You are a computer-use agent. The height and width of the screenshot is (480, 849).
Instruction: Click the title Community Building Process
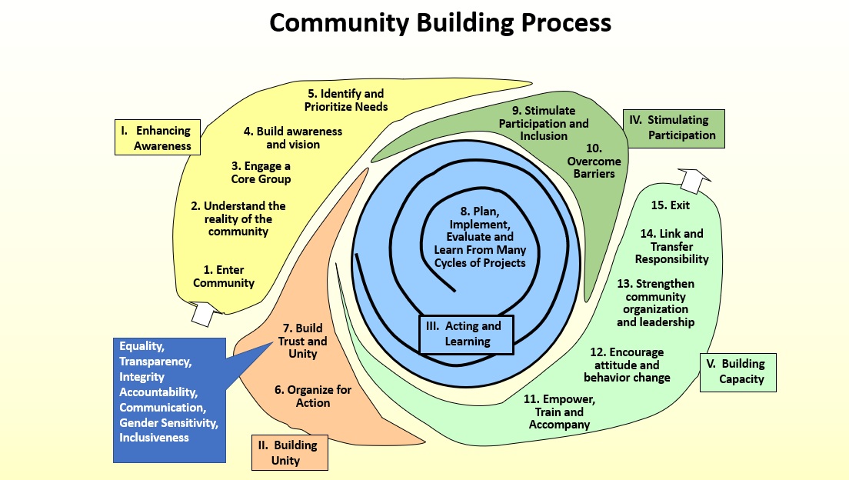(440, 23)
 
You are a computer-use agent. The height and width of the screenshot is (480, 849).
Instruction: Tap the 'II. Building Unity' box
(290, 452)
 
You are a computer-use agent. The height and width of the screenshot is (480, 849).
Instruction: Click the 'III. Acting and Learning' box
(466, 334)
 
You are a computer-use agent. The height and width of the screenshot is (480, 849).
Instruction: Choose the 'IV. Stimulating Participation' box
(674, 128)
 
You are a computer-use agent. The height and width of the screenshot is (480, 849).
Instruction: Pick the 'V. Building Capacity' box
(738, 372)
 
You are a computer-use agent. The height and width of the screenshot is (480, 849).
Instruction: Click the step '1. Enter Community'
(224, 276)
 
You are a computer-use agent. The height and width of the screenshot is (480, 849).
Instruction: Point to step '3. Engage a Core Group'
(261, 172)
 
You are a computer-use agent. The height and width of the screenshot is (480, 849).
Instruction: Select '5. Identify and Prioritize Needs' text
(346, 100)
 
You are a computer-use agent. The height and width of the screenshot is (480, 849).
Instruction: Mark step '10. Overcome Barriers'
(594, 160)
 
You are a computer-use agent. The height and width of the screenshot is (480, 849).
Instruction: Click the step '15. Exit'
(670, 205)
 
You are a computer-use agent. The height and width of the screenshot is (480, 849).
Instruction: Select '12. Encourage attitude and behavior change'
(627, 365)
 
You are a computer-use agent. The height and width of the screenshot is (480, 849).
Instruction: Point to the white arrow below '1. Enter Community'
(205, 312)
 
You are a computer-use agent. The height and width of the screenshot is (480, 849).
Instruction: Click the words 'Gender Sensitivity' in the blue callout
(168, 422)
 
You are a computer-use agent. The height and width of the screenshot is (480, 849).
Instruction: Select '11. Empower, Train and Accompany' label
(559, 412)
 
